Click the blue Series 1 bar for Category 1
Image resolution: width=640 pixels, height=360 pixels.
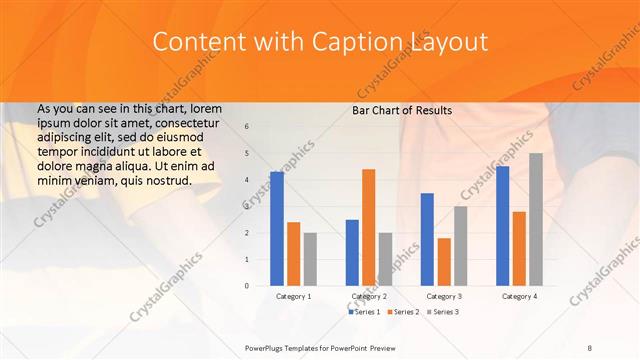(x=277, y=229)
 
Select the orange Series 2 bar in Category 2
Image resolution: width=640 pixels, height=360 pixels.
(x=368, y=227)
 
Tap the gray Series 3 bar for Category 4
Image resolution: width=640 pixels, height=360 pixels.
(x=535, y=219)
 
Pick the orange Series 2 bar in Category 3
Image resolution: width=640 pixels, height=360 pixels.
(x=443, y=262)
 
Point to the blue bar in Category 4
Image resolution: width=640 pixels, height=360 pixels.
(x=502, y=226)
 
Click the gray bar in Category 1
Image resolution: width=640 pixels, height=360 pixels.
(x=310, y=259)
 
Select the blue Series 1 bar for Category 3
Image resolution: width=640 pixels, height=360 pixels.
(x=427, y=239)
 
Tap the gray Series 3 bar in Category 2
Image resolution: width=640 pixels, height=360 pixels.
(x=385, y=259)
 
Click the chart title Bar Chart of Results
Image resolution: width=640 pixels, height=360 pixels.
(x=402, y=110)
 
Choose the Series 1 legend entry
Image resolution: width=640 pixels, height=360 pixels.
(x=364, y=312)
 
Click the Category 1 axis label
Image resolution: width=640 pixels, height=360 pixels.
(x=293, y=296)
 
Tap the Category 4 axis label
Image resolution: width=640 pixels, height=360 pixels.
(x=518, y=296)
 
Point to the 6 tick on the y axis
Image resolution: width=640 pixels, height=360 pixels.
(x=247, y=127)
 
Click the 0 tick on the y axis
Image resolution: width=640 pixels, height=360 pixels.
(x=247, y=286)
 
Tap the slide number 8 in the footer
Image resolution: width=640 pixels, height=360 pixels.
(x=590, y=347)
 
